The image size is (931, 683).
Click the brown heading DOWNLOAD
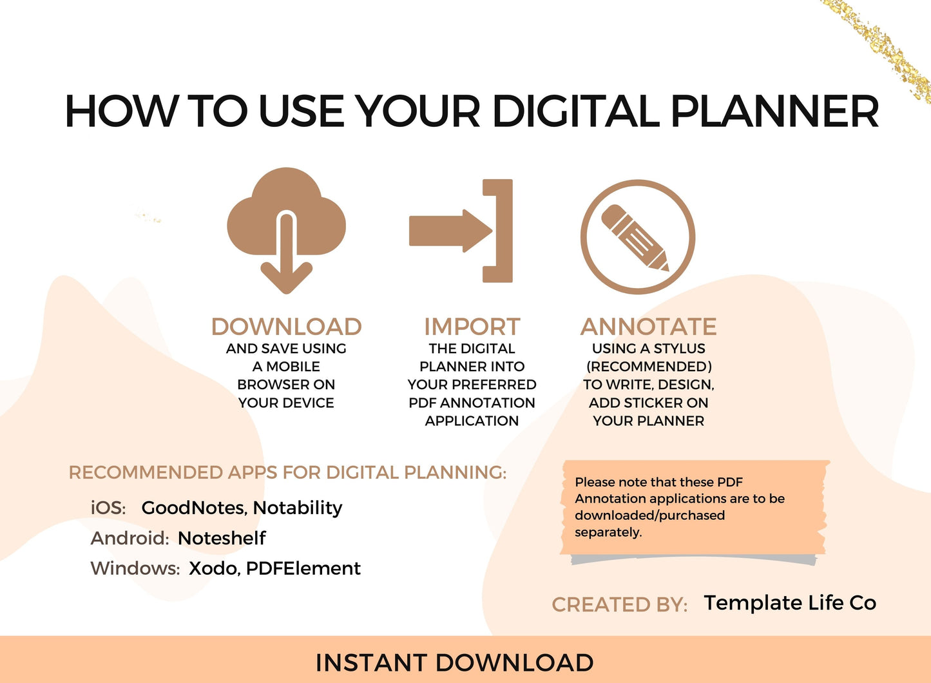(286, 327)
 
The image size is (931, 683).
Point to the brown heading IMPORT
(472, 327)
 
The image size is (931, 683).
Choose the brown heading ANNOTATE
(648, 327)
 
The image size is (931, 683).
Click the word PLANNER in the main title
(774, 111)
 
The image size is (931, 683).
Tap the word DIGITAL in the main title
(576, 111)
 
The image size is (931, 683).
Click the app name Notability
(298, 508)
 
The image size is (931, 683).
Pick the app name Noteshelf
(222, 538)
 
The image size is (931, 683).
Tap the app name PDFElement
(303, 568)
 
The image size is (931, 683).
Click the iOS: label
(108, 508)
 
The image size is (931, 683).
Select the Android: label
(130, 538)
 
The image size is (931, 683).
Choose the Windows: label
(135, 568)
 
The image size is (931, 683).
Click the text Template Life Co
(790, 602)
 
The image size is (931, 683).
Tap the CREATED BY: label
(620, 604)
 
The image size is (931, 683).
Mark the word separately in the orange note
(608, 532)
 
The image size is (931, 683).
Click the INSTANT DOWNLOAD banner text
(455, 662)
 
